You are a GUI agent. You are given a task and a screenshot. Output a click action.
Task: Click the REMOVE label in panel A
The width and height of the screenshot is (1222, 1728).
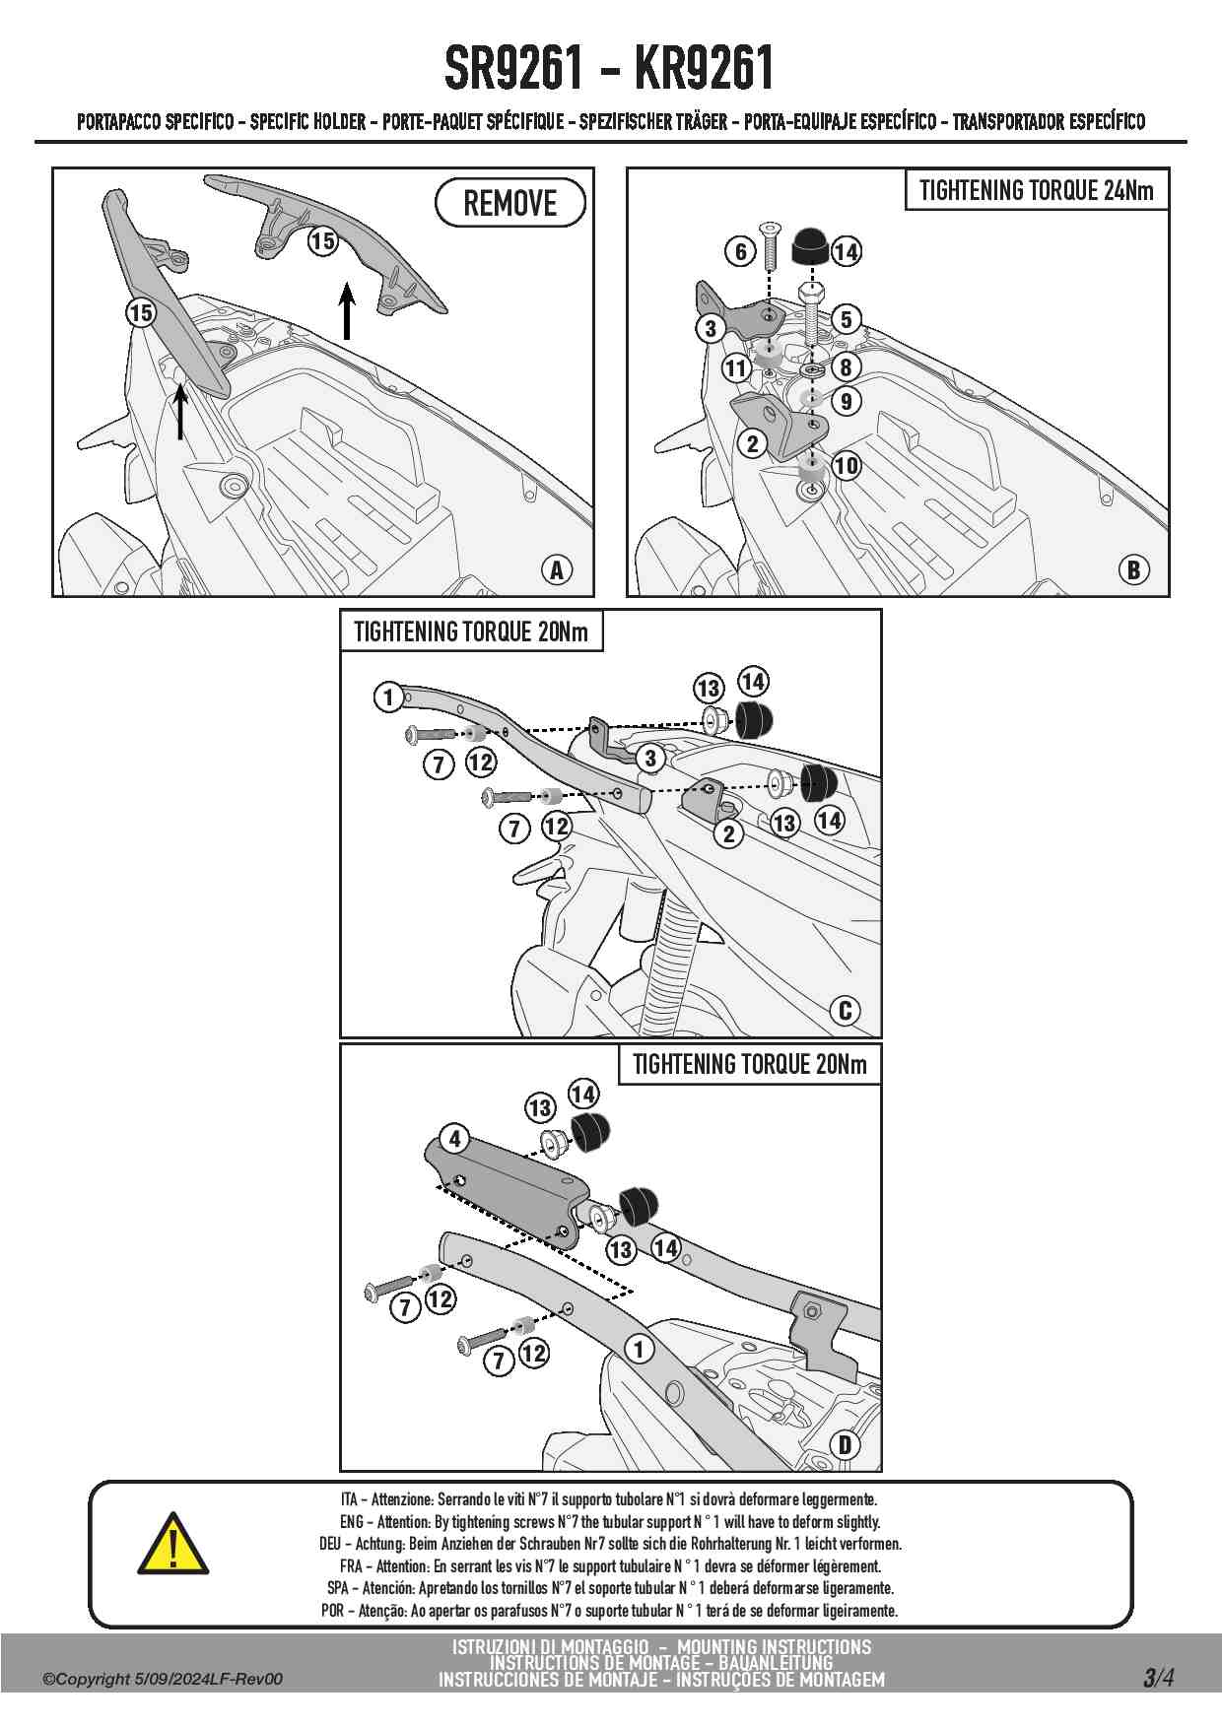[509, 203]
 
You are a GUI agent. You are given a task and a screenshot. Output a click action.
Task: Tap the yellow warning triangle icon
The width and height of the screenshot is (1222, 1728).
[172, 1544]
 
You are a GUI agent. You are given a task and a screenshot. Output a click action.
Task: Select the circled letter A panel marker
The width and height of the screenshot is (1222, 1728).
[557, 569]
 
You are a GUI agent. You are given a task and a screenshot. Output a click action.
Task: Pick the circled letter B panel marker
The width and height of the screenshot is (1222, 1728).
[1133, 569]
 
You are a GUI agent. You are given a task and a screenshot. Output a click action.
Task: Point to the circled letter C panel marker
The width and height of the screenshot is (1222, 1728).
[845, 1011]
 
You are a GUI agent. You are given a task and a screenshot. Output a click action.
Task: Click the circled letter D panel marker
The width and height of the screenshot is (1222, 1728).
[845, 1445]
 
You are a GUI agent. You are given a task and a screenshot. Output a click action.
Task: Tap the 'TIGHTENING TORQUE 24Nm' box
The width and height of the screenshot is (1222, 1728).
[1036, 190]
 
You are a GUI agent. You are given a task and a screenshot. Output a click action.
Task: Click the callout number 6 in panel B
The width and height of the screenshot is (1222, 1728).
[741, 251]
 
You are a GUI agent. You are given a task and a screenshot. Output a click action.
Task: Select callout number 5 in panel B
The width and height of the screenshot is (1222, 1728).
[846, 319]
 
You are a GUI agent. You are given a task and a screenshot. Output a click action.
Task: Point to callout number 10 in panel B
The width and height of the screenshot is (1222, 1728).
[847, 465]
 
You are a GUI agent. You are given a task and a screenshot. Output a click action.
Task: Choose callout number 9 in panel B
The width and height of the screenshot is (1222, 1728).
[846, 401]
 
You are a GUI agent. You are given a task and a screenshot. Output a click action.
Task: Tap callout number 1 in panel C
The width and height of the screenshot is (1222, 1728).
[388, 698]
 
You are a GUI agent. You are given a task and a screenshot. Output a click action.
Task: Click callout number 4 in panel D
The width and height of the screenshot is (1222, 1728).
[454, 1139]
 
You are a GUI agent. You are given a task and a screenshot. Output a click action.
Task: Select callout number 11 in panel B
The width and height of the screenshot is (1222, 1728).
[736, 368]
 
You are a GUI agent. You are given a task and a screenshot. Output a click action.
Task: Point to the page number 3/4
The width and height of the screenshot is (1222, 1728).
[1159, 1677]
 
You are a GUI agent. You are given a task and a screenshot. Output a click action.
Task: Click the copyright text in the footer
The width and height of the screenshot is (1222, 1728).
[163, 1679]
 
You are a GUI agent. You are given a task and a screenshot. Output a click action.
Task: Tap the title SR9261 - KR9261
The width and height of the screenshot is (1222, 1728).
[610, 68]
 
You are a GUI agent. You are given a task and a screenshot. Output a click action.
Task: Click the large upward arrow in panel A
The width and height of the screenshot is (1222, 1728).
[346, 310]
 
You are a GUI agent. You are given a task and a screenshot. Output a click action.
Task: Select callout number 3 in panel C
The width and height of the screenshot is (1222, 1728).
[650, 759]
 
